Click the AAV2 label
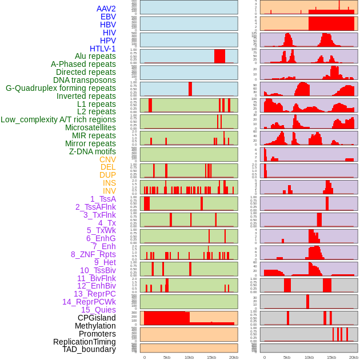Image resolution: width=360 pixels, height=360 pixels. [x=106, y=9]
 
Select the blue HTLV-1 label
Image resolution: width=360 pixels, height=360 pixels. [x=102, y=49]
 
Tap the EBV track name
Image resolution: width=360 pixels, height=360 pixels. [x=108, y=17]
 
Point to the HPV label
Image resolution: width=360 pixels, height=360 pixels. [x=107, y=41]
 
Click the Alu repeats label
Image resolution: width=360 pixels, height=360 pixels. [x=95, y=56]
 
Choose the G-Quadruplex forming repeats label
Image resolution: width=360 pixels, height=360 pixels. [x=61, y=88]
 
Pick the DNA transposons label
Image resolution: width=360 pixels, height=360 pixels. [x=85, y=80]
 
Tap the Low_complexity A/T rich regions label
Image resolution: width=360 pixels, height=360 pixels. [x=58, y=119]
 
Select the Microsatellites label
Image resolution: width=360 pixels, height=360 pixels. [x=90, y=127]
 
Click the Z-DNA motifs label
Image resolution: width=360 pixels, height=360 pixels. [x=92, y=151]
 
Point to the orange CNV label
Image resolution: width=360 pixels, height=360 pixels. [x=107, y=159]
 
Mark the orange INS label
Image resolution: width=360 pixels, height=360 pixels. [x=109, y=183]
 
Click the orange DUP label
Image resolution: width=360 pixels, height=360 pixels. [x=107, y=175]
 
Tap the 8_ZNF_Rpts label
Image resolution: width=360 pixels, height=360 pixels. [x=93, y=254]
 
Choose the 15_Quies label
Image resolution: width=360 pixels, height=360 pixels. [x=98, y=310]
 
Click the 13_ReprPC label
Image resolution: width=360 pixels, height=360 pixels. [x=94, y=294]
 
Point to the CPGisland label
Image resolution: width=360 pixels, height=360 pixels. [x=97, y=318]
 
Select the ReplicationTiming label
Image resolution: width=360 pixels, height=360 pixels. [x=84, y=342]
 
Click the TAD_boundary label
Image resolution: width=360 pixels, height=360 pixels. [x=89, y=349]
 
